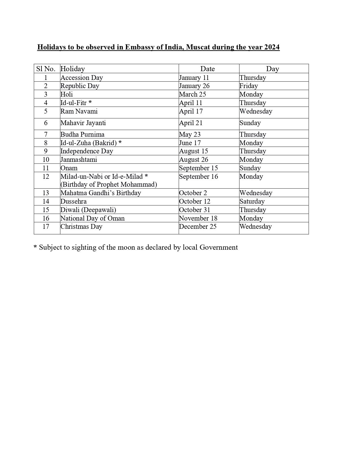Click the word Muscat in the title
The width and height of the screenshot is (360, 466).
click(x=198, y=47)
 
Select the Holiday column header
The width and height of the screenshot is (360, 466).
click(x=73, y=69)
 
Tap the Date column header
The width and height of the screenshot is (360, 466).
click(x=208, y=69)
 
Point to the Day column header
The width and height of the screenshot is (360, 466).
click(x=272, y=69)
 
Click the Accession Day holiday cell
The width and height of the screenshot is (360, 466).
click(x=82, y=78)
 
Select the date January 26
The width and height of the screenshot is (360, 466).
click(x=194, y=86)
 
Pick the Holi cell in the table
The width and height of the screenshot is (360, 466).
click(x=67, y=94)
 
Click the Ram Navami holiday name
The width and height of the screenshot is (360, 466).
click(x=79, y=111)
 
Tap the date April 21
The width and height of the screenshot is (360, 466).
click(x=191, y=123)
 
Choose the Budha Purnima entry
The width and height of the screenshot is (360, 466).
click(x=82, y=134)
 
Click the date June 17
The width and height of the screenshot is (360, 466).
click(x=190, y=143)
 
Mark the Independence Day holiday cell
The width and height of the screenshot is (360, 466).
click(x=87, y=151)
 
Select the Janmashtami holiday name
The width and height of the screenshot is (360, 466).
click(x=79, y=160)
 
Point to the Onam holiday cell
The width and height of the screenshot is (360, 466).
click(x=69, y=168)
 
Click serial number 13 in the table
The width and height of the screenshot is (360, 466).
click(x=46, y=193)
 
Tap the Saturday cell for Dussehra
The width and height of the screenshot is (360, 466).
click(x=252, y=201)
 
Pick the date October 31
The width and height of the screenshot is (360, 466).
click(x=194, y=210)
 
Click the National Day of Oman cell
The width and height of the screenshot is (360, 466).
click(x=92, y=218)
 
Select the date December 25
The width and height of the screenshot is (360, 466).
click(x=198, y=227)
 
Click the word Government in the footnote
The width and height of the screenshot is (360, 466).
click(x=219, y=247)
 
